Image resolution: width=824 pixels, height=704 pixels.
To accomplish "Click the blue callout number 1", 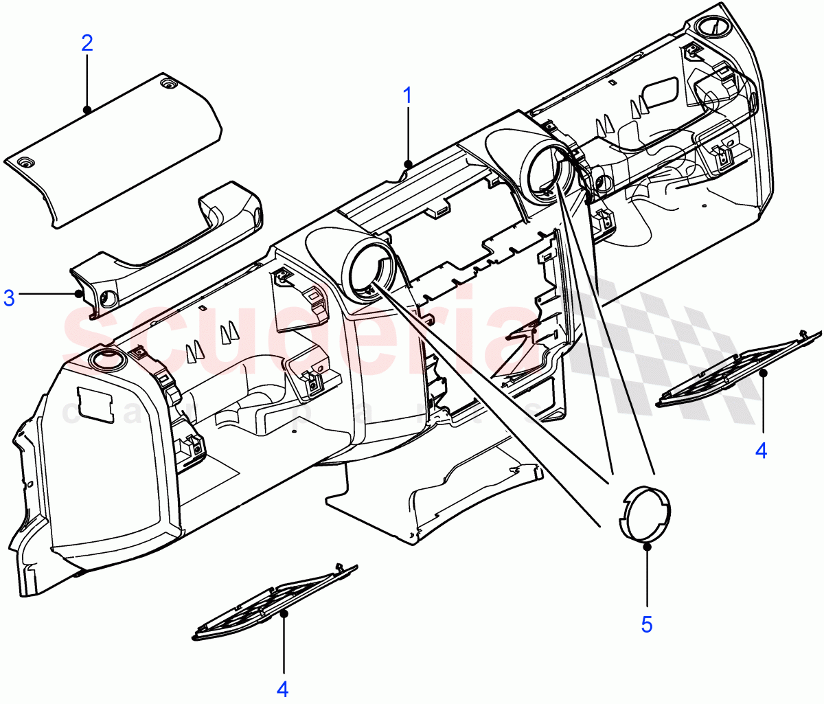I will pos(408,95).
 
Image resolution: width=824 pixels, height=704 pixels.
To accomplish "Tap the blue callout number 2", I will pos(87,43).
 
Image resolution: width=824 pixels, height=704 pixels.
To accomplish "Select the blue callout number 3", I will pos(9,298).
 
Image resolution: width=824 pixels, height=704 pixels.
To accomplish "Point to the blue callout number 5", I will pos(647,624).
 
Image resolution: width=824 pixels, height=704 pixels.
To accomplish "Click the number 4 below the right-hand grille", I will pos(761,451).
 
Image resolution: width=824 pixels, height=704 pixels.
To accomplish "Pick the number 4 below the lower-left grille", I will pos(282,689).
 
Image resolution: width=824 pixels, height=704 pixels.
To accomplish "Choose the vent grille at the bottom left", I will pos(275,604).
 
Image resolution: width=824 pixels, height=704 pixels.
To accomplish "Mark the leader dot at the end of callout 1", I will pos(408,164).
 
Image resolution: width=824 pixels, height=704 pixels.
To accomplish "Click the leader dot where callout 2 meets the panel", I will pos(87,109).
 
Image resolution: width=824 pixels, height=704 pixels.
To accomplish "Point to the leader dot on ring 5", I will pos(647,546).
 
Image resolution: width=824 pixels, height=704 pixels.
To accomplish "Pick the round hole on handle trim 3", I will pos(108,298).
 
